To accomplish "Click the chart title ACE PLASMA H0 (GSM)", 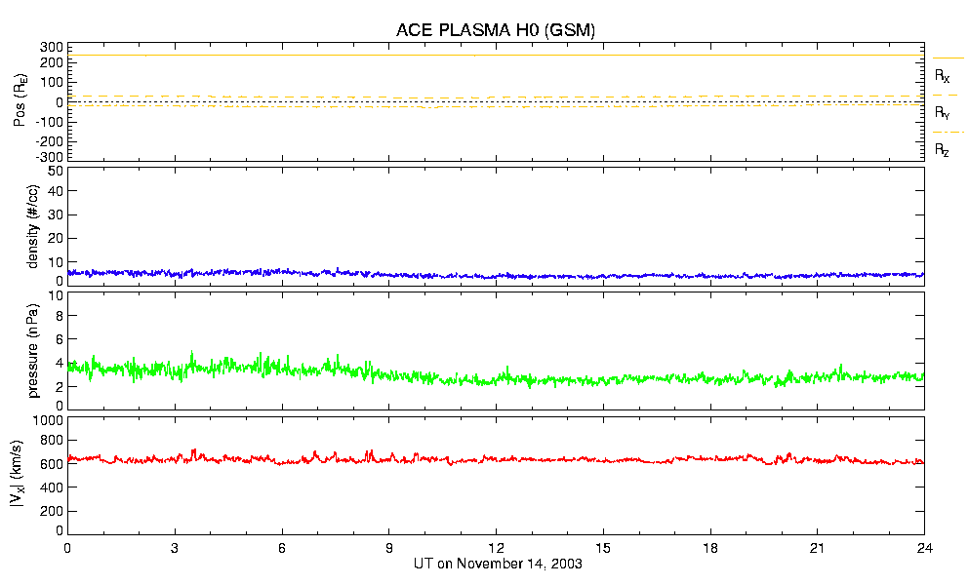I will pos(495,30).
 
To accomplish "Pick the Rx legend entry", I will pos(942,75).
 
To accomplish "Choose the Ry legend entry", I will pos(942,113).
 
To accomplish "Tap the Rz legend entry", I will pos(942,150).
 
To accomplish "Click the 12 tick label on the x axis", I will pos(496,548).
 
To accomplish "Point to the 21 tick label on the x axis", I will pos(818,548).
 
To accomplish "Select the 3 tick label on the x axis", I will pos(175,548).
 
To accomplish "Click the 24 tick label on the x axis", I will pos(925,548).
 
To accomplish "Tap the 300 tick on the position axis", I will pos(52,47).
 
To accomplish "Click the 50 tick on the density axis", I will pos(56,171).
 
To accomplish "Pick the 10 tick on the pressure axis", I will pos(56,292).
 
